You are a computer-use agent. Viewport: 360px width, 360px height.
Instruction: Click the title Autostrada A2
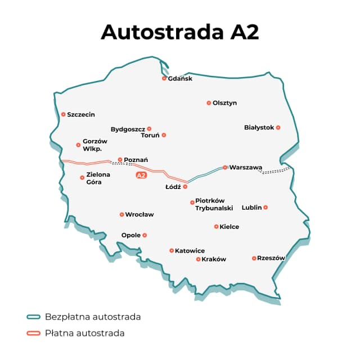(180, 32)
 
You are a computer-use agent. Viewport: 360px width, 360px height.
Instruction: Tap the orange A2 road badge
(141, 175)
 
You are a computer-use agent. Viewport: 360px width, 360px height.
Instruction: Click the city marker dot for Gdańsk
(164, 78)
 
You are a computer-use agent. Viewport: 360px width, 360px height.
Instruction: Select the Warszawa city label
(246, 168)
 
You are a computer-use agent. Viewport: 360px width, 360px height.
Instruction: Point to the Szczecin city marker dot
(63, 114)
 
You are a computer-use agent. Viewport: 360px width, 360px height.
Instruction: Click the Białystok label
(259, 128)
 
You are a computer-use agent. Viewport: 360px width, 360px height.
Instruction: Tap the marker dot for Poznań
(120, 159)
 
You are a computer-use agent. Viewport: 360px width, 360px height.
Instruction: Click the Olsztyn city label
(225, 103)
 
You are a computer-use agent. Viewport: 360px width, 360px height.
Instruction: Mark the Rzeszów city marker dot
(254, 258)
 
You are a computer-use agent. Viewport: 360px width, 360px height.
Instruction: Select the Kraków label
(214, 259)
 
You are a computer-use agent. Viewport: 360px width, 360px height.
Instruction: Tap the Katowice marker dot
(172, 250)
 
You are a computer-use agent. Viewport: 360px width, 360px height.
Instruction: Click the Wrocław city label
(139, 214)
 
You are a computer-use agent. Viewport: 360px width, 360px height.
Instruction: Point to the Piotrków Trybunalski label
(214, 205)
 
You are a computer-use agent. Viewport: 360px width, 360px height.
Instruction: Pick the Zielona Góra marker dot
(82, 177)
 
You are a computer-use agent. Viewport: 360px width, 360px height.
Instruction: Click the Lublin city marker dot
(265, 207)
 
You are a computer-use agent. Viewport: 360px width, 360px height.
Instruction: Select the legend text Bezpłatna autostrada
(93, 317)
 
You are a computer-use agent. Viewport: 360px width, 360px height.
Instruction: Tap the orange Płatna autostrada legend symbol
(33, 333)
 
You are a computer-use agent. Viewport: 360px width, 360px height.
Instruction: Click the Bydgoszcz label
(128, 129)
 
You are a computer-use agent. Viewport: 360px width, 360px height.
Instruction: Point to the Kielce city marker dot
(216, 227)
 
